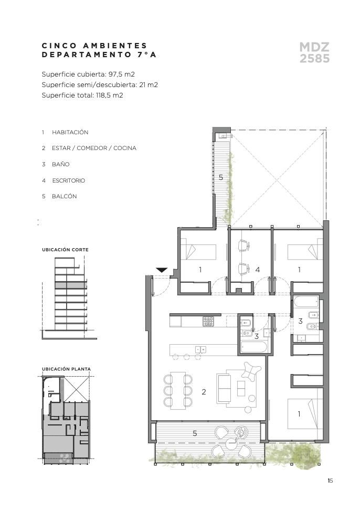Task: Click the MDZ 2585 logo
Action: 314,52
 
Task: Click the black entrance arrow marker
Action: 162,270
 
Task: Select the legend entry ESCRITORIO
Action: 69,180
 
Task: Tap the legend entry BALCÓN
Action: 65,196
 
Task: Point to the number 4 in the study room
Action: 258,270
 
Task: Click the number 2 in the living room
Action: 204,391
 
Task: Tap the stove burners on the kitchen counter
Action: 208,321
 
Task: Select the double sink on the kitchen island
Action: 200,350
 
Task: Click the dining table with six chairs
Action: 178,390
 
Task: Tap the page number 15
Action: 330,481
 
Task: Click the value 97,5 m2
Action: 122,74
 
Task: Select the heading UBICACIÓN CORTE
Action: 66,250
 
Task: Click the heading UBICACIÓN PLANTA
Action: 66,369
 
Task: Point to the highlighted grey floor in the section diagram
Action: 70,285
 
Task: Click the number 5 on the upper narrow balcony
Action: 221,177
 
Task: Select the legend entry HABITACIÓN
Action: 70,132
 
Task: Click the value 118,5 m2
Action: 110,95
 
